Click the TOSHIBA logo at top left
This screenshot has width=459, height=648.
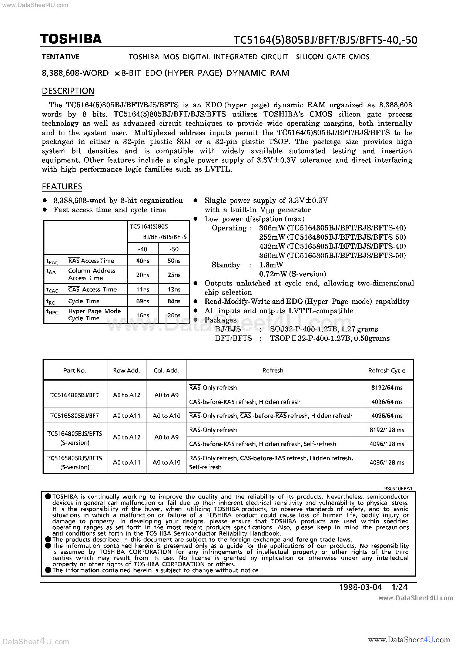pos(71,39)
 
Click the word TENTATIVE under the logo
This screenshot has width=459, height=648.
pos(61,57)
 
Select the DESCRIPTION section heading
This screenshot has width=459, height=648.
pos(68,91)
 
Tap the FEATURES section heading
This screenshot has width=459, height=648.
pos(62,186)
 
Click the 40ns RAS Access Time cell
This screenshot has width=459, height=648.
pos(143,261)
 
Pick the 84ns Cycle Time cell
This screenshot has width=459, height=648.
pos(174,301)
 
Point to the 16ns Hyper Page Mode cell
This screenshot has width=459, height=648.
pos(143,315)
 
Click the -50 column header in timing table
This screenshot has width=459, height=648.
pos(174,249)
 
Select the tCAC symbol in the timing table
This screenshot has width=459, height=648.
pos(52,290)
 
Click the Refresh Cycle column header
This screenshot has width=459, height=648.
pos(387,370)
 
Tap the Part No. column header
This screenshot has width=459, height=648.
pos(75,370)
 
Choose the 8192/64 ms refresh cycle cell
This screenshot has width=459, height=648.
pos(387,388)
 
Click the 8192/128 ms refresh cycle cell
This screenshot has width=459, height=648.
pos(387,430)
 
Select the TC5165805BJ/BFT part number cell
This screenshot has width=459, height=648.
pos(75,416)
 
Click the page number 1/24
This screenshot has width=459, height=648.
pos(399,587)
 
